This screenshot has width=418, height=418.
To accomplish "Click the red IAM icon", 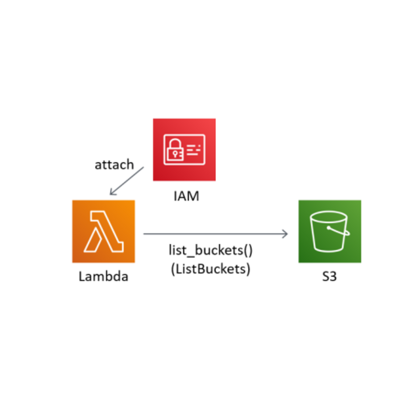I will [x=184, y=150].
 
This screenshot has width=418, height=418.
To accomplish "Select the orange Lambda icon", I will [x=103, y=231].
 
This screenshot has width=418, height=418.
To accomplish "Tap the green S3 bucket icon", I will [x=330, y=231].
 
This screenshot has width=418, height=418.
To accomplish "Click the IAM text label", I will [x=186, y=196].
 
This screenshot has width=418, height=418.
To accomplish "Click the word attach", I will [x=114, y=165].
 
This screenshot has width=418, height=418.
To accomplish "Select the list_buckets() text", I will [x=211, y=250].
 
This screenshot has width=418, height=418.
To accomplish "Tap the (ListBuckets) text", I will [x=211, y=269].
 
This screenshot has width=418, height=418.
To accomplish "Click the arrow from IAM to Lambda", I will [x=127, y=181].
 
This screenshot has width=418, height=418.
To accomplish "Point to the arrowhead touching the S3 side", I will [x=285, y=234].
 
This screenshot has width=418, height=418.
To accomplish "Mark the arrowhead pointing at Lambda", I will [x=112, y=192].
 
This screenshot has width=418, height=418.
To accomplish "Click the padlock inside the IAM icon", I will [x=175, y=150].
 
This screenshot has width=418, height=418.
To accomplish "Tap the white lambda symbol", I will [x=104, y=232].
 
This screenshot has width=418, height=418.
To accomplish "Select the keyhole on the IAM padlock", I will [x=175, y=155].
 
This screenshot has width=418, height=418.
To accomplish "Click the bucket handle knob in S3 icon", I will [x=329, y=228].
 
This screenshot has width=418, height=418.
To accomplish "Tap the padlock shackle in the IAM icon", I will [x=175, y=143].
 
